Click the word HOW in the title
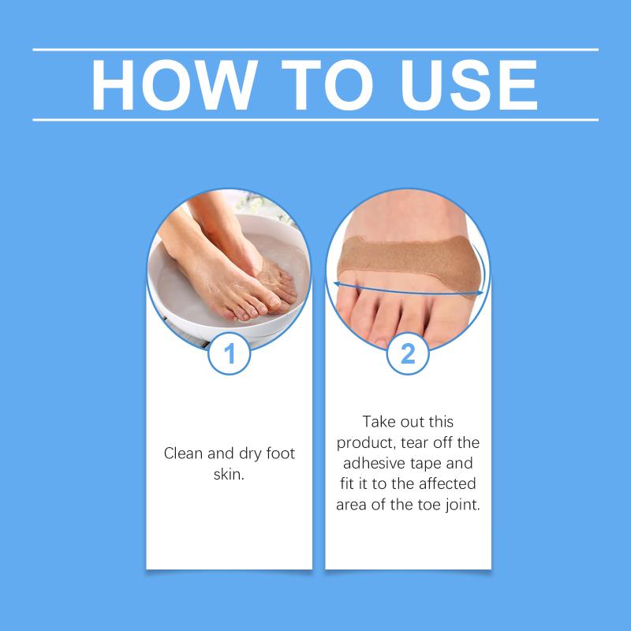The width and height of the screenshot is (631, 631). coord(174,84)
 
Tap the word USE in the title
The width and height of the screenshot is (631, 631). coord(469,84)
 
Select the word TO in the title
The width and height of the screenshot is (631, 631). coord(327,84)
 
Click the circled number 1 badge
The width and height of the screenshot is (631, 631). coord(230,353)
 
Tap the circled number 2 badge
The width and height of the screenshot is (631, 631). coord(408,353)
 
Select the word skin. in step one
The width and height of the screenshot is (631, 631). coord(229,474)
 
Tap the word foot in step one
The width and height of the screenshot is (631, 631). coord(281,454)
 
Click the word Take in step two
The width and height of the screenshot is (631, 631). coord(379,422)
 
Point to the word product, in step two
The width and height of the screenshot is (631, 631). coord(366,443)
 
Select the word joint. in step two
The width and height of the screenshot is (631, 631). coord(463,505)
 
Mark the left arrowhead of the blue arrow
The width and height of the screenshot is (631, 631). coord(338,284)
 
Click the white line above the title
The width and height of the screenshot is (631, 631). coord(315,50)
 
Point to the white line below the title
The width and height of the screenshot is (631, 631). coord(315,120)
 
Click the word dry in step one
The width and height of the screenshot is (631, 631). coord(249,454)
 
